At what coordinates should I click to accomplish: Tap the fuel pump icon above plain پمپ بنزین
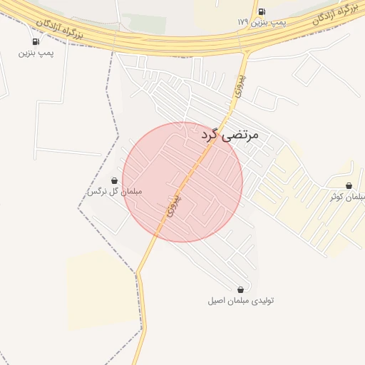point(36,41)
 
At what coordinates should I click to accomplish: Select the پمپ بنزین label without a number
point(36,53)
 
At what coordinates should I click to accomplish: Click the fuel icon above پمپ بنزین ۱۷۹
point(262,11)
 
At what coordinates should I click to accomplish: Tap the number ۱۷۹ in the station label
point(243,23)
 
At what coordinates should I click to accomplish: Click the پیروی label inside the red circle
point(170,205)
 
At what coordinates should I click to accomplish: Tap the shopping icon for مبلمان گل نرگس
point(115,181)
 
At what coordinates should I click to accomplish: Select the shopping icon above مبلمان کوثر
point(349,185)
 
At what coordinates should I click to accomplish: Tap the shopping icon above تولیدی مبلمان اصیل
point(240,289)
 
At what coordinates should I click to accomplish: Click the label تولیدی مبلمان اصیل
point(240,301)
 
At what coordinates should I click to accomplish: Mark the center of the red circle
point(182,182)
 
